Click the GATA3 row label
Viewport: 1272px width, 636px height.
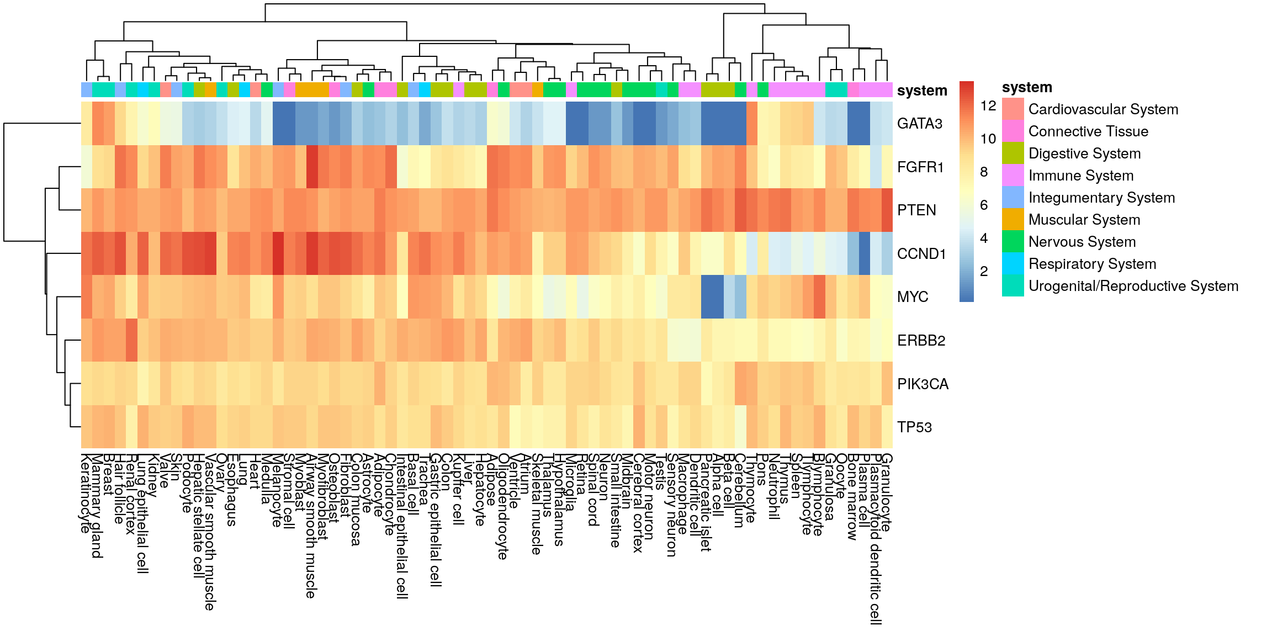pos(919,124)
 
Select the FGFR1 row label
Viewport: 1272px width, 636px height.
pos(920,167)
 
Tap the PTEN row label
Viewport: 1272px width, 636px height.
pos(916,210)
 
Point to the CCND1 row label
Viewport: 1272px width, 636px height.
pos(921,254)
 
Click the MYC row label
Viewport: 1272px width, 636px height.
pos(913,297)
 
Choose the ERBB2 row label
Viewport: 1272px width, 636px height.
pos(921,341)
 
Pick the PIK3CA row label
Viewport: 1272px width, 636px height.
pos(923,384)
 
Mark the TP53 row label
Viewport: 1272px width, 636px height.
pos(914,427)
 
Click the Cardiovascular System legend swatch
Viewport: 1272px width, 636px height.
pos(1013,109)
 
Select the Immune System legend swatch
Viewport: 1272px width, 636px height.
pos(1013,175)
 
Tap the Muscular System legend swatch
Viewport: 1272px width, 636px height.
pos(1013,219)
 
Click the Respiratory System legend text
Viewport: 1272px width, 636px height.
pos(1092,264)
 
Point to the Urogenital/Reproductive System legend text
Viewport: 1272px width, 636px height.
pos(1133,286)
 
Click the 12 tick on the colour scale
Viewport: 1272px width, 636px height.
pos(988,105)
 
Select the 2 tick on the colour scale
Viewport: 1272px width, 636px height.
pos(984,271)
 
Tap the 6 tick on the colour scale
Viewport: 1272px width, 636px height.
pos(984,205)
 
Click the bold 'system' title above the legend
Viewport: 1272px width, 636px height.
pos(1027,87)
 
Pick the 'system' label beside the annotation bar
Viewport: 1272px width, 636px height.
pos(922,91)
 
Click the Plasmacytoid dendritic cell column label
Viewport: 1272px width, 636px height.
pos(875,539)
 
